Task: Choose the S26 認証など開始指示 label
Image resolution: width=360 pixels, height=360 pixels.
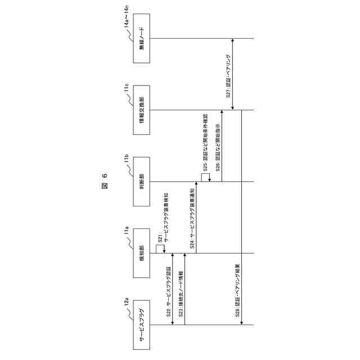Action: [x=217, y=146]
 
